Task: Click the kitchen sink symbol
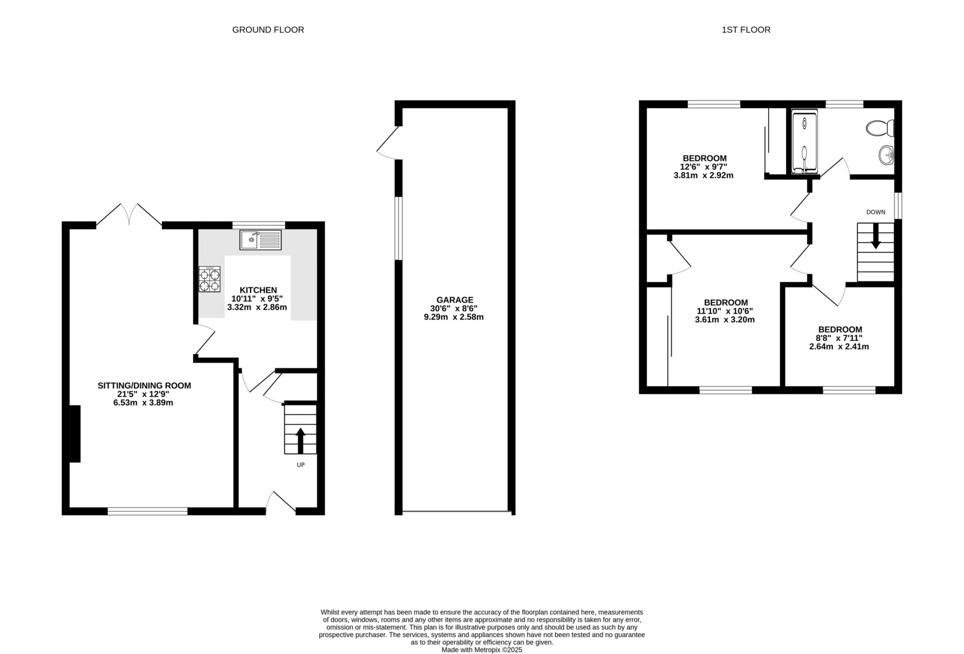(x=261, y=240)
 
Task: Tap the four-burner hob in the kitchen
(x=209, y=280)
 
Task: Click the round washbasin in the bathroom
(x=887, y=155)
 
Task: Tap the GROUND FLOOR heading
(x=268, y=30)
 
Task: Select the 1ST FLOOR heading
(x=746, y=30)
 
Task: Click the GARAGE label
(x=454, y=300)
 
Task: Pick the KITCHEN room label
(x=258, y=290)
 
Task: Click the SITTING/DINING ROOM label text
(x=144, y=385)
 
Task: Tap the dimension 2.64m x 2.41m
(x=839, y=347)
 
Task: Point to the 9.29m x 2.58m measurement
(x=454, y=317)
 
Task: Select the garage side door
(x=389, y=143)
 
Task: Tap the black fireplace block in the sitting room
(x=75, y=434)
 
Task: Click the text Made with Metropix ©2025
(x=481, y=649)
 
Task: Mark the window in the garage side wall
(x=399, y=228)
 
